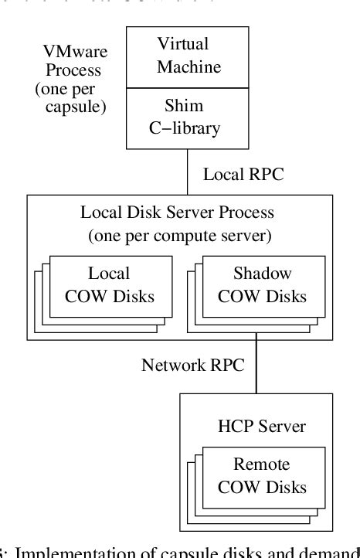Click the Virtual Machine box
pos(188,56)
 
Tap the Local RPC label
pos(243,175)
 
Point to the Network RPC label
pos(192,365)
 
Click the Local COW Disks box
pos(109,285)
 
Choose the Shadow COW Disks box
pos(262,285)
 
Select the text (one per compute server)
pos(178,234)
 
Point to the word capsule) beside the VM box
pos(75,107)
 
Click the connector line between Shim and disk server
pos(188,172)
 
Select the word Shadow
pos(262,274)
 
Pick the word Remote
pos(261,465)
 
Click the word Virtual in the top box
pos(183,44)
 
